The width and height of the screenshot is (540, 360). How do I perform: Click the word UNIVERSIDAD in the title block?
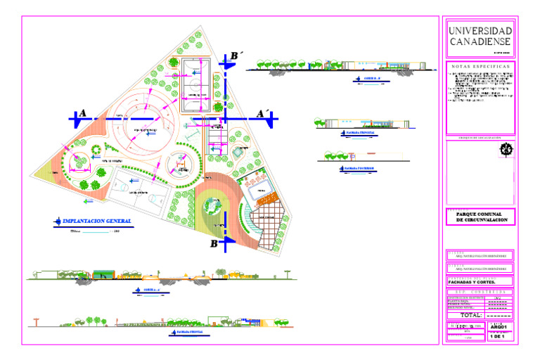click(x=480, y=32)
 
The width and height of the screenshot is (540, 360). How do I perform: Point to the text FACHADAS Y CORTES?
click(x=474, y=283)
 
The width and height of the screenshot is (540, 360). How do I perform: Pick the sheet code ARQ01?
click(x=499, y=327)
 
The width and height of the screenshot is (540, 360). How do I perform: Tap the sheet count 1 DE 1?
click(x=499, y=337)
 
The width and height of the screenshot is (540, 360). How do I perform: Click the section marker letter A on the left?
click(x=83, y=113)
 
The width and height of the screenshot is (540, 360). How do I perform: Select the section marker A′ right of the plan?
click(x=262, y=113)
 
